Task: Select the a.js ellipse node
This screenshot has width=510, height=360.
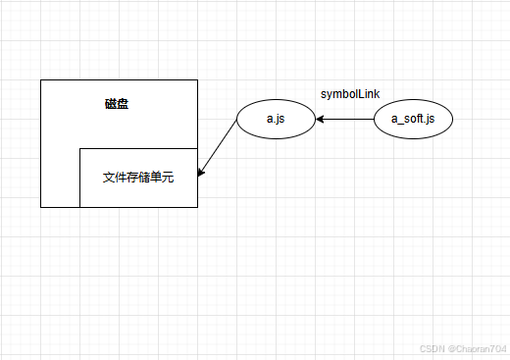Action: [x=276, y=120]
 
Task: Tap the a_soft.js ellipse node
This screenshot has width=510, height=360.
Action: [x=413, y=120]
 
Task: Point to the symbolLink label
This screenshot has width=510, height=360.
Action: [x=350, y=94]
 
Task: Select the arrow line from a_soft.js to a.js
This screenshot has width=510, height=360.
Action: [x=345, y=120]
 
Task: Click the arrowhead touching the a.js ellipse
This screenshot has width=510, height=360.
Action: [x=320, y=120]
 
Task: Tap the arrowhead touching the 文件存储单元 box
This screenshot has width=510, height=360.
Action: [x=201, y=173]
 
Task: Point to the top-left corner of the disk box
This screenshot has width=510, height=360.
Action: [x=41, y=79]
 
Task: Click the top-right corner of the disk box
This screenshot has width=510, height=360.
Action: [x=197, y=79]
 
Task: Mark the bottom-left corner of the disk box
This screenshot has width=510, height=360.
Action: [x=41, y=207]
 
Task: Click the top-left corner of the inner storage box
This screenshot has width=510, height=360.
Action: [x=79, y=148]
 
